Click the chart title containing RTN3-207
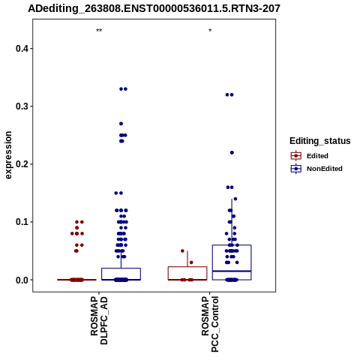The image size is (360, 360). tap(154, 8)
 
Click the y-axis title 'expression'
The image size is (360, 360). tap(8, 155)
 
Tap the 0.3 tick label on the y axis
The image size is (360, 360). tap(22, 106)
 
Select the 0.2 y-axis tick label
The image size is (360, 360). tap(22, 164)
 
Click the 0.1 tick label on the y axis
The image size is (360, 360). tap(22, 222)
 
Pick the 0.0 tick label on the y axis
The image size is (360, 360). tap(22, 280)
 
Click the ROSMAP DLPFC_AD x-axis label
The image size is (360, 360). tap(99, 320)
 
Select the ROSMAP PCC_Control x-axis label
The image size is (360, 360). tap(210, 324)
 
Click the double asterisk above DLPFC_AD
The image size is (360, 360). tap(99, 31)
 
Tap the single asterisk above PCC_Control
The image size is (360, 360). tap(210, 31)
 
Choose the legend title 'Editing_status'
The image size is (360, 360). tap(320, 141)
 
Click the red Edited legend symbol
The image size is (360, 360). tap(296, 156)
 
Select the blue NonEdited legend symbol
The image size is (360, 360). tap(296, 169)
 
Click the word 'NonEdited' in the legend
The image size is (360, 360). tap(325, 169)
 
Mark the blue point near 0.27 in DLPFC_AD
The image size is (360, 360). tap(121, 124)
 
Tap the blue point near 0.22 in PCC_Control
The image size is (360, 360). tap(232, 152)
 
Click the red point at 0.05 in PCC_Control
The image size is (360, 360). tap(182, 250)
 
